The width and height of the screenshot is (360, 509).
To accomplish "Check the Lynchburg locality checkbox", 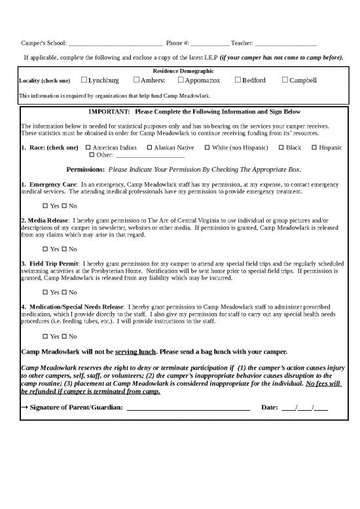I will point(84,81).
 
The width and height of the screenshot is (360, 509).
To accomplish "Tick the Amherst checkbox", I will point(136,81).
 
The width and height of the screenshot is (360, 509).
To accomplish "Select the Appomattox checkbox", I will point(180,81).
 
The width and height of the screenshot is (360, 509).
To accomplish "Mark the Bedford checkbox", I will point(237,81).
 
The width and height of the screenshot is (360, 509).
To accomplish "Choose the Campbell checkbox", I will point(285,81).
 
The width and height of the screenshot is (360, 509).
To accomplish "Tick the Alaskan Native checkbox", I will point(149,148).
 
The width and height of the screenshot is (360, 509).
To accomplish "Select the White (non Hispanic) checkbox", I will point(207,148).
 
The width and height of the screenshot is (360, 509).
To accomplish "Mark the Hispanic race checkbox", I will point(314,148).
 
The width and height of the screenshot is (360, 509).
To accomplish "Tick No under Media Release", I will point(65,250).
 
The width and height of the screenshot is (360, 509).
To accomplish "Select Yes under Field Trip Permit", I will point(46,292).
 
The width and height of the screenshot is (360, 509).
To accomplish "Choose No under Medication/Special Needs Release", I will point(65,335).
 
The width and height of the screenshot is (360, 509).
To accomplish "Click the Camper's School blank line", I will point(115,44).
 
